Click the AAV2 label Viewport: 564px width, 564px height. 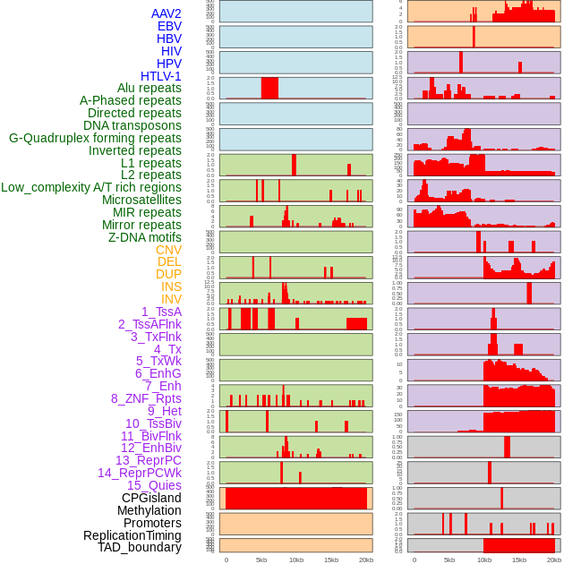point(166,13)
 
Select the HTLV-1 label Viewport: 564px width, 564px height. point(161,76)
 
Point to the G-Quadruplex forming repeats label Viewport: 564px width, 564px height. point(95,138)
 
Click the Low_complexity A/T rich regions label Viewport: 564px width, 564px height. point(91,187)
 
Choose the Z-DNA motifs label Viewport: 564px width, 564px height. point(145,237)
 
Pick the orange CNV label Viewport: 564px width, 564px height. point(168,250)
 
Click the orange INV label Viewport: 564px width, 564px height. point(171,299)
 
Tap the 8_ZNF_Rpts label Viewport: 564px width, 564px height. point(146,398)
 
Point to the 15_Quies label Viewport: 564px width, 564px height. point(154,485)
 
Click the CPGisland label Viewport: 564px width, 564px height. point(151,498)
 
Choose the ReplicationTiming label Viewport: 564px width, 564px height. point(132,535)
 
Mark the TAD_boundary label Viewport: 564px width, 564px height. point(140,547)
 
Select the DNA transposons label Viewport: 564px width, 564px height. point(132,125)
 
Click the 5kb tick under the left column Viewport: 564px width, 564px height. point(261,560)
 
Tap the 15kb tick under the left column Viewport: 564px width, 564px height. point(331,560)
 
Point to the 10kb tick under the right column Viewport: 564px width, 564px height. point(484,560)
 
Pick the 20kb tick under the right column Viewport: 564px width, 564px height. point(554,560)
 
